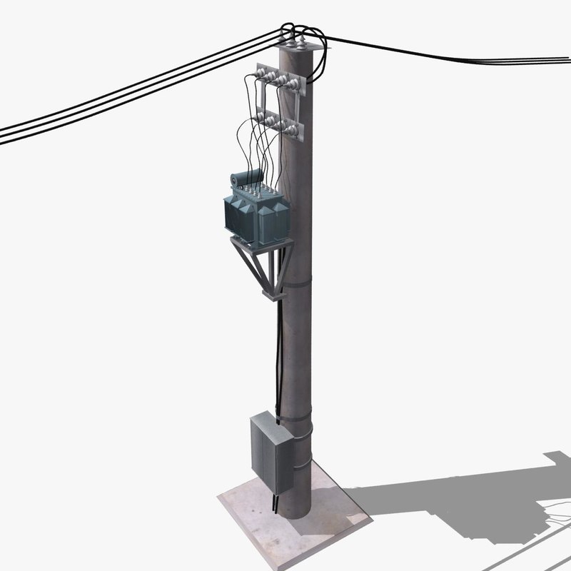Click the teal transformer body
(256, 218)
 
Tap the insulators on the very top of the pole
(300, 44)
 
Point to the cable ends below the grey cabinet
(276, 504)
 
